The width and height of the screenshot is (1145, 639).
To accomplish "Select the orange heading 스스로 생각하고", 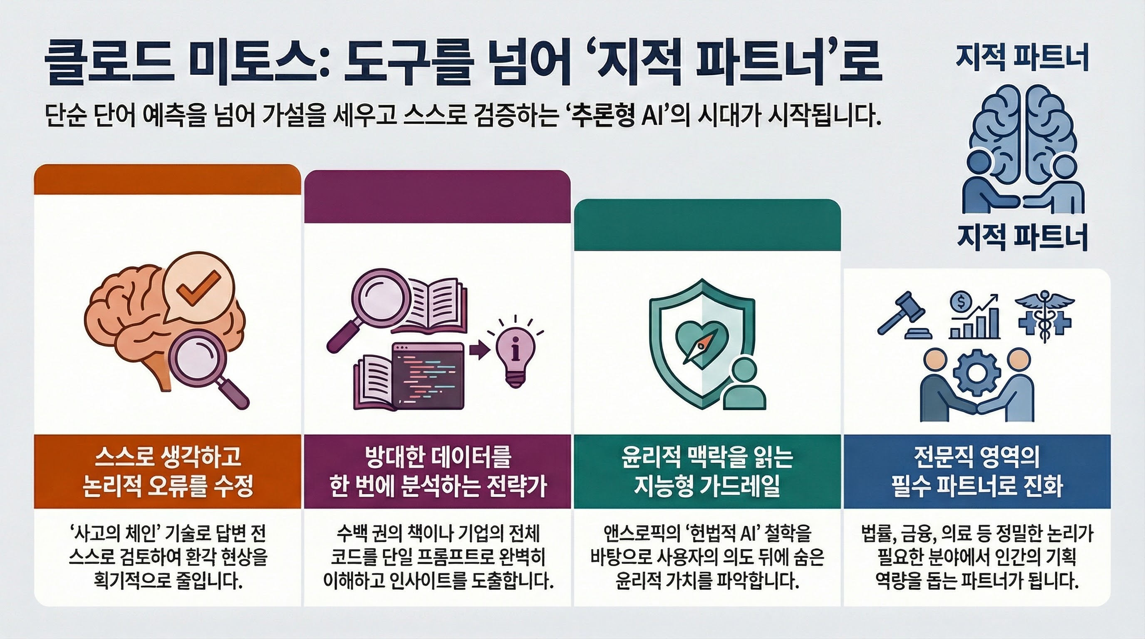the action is (168, 456).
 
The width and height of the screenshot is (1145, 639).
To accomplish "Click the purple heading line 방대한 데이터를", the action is (437, 456).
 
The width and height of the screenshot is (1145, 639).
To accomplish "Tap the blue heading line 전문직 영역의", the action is (976, 456).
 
